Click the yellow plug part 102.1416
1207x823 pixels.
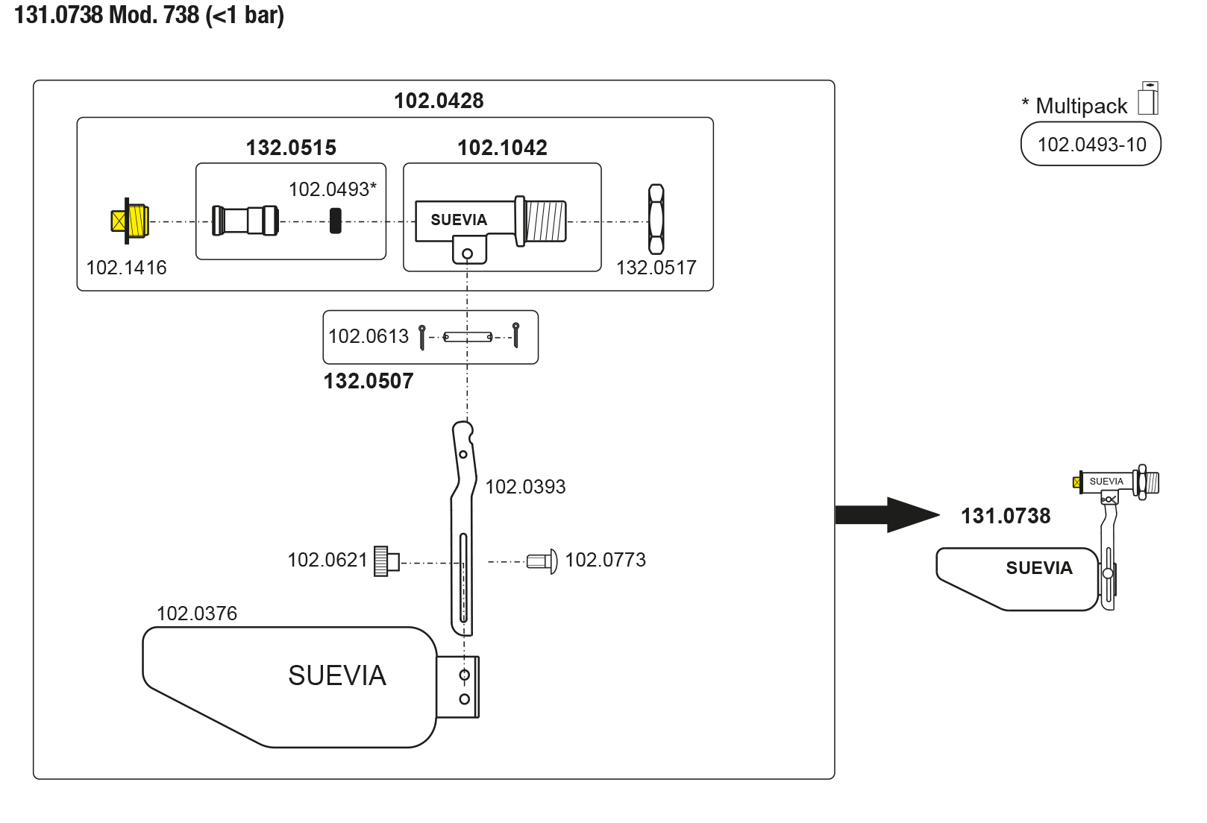(131, 221)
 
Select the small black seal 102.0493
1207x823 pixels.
(336, 221)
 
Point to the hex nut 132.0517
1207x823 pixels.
(656, 220)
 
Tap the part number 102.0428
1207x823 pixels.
(439, 101)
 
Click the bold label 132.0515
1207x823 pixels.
(291, 148)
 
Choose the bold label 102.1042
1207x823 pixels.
(502, 148)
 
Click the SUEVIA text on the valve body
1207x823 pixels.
(459, 220)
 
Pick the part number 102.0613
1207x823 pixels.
(369, 336)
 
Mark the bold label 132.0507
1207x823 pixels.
(369, 381)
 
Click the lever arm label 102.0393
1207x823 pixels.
(525, 487)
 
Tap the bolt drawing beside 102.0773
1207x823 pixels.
(542, 561)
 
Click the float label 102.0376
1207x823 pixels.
(197, 614)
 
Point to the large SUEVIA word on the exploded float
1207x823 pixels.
(337, 675)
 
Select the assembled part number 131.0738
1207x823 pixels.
(1006, 516)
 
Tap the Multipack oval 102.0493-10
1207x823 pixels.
(1091, 145)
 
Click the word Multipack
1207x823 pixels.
(1082, 106)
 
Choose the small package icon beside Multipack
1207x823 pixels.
(1148, 98)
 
